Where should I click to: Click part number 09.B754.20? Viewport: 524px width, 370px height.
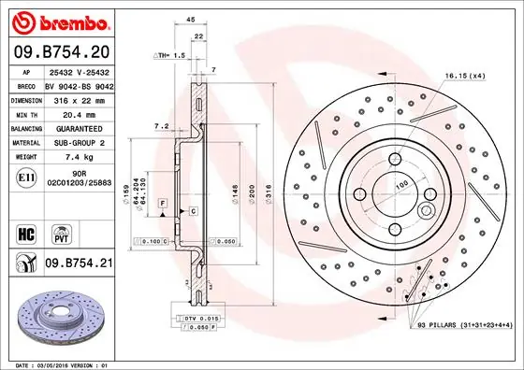click(x=60, y=52)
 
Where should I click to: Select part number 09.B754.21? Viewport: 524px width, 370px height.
click(x=80, y=264)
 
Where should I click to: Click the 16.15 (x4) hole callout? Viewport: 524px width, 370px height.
click(x=464, y=74)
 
